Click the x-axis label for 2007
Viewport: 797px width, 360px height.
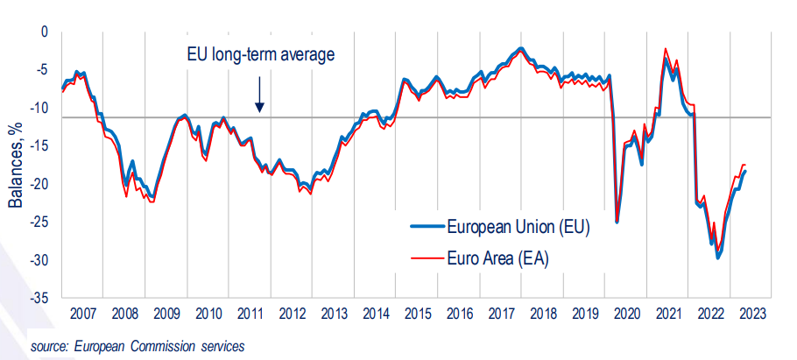pos(82,314)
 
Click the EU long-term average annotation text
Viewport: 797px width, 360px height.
pos(261,55)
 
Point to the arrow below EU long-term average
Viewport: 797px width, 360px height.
pos(259,94)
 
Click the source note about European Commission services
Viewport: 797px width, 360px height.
pos(137,345)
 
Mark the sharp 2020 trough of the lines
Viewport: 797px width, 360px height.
pos(617,222)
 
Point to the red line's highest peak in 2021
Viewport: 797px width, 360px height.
pos(667,49)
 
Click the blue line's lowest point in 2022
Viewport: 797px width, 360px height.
pos(718,258)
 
